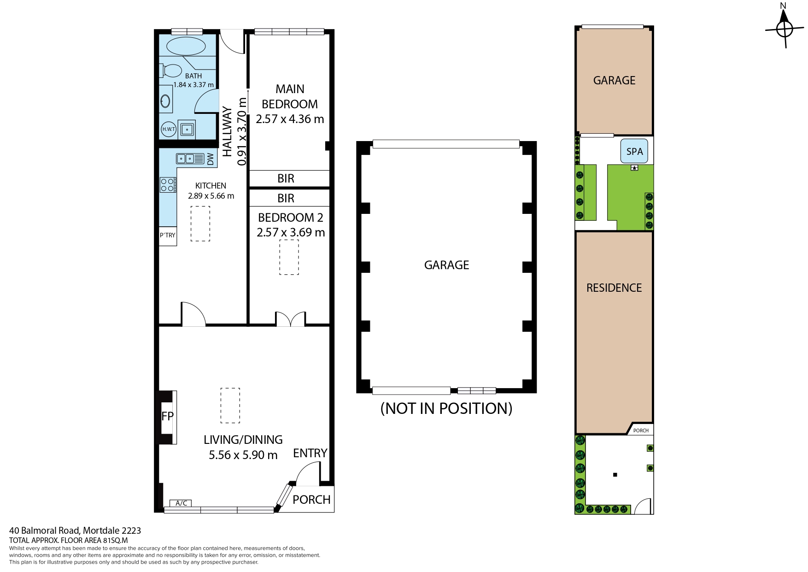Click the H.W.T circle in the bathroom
pyautogui.click(x=169, y=129)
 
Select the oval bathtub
pyautogui.click(x=186, y=46)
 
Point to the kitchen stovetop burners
pyautogui.click(x=168, y=185)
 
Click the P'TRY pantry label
pyautogui.click(x=168, y=235)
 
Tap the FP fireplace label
pyautogui.click(x=167, y=416)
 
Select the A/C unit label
pyautogui.click(x=181, y=503)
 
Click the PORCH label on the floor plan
pyautogui.click(x=312, y=500)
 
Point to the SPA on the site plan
pyautogui.click(x=634, y=151)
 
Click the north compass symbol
pyautogui.click(x=784, y=29)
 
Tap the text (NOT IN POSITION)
pyautogui.click(x=446, y=408)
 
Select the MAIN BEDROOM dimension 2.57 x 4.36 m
pyautogui.click(x=290, y=119)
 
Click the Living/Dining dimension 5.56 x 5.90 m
pyautogui.click(x=243, y=455)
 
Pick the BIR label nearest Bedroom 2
pyautogui.click(x=286, y=198)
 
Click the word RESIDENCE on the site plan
pyautogui.click(x=614, y=288)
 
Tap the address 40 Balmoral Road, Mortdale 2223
pyautogui.click(x=75, y=531)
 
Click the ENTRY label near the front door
pyautogui.click(x=310, y=453)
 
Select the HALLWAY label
pyautogui.click(x=227, y=132)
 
